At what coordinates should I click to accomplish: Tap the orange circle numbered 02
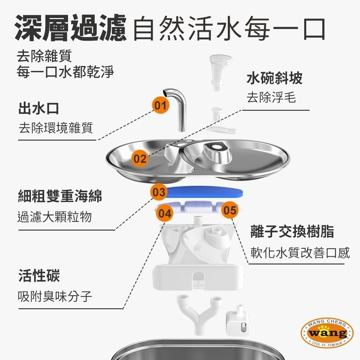(140, 159)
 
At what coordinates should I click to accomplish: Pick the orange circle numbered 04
(165, 213)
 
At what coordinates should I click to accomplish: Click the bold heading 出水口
(39, 108)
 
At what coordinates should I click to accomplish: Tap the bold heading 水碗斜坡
(274, 78)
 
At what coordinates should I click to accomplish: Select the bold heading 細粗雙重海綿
(60, 197)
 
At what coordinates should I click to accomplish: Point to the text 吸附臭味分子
(55, 297)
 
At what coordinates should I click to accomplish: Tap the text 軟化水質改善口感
(300, 253)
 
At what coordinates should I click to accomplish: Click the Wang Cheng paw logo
(327, 333)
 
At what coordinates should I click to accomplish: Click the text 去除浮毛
(271, 98)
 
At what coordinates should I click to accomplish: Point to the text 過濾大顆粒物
(54, 217)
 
